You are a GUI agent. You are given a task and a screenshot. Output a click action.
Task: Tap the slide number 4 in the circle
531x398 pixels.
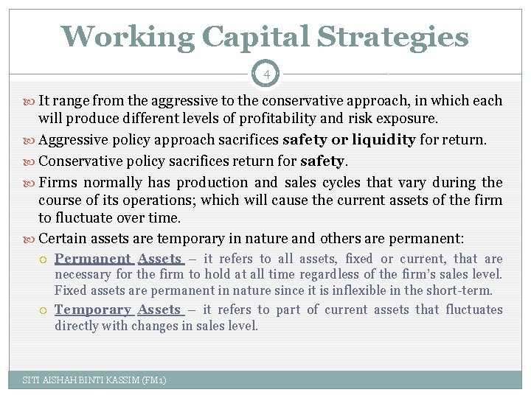(x=265, y=74)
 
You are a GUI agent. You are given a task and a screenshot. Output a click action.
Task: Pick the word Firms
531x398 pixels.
(x=58, y=182)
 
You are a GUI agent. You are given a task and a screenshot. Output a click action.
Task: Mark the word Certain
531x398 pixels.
(x=62, y=238)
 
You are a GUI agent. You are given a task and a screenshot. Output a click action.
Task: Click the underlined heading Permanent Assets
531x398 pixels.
(x=118, y=259)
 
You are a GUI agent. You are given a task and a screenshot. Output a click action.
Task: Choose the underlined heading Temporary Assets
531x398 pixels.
(x=118, y=310)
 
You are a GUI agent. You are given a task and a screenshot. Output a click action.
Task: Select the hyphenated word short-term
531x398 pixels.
(x=463, y=290)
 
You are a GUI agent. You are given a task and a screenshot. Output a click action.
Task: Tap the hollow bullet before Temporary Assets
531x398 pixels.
(x=44, y=310)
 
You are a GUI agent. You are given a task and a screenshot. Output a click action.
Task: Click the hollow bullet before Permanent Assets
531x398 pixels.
(x=44, y=259)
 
